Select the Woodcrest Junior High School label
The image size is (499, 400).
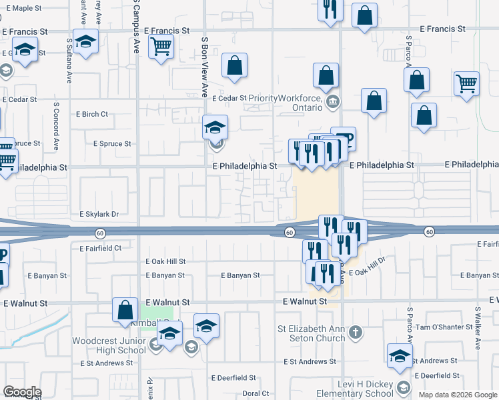tap(109, 345)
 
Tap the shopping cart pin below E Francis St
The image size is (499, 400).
tap(161, 47)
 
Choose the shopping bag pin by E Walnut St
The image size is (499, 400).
tap(125, 310)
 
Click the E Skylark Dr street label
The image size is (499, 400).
tap(99, 214)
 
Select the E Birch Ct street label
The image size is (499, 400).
tap(92, 114)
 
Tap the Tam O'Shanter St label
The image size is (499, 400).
tap(444, 328)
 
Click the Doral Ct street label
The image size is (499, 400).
tap(256, 393)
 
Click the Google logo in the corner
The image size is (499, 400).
tap(22, 392)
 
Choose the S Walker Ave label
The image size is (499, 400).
tap(478, 328)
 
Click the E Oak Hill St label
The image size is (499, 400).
tap(165, 261)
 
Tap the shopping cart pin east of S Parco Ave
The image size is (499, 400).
tap(467, 84)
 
